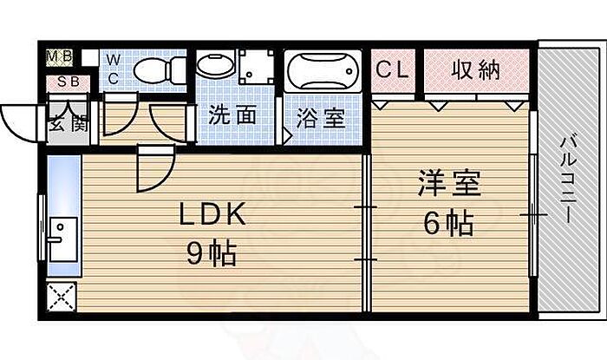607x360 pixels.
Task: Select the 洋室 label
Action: (x=448, y=187)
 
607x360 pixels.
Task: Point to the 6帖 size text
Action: (x=448, y=224)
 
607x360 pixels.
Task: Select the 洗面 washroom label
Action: (x=232, y=115)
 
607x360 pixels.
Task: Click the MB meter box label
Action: (x=59, y=58)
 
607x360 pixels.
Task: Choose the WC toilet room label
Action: (x=114, y=68)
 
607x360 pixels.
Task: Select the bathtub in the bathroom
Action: (x=323, y=70)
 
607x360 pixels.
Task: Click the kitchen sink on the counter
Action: (x=62, y=237)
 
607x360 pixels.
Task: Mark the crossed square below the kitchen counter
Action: (x=62, y=298)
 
